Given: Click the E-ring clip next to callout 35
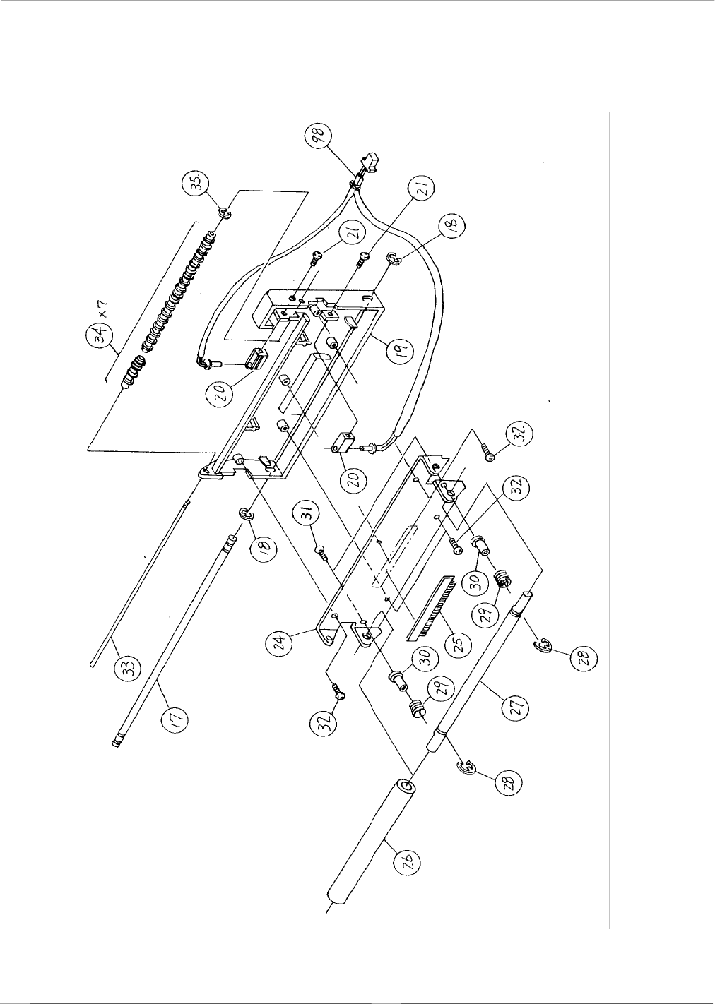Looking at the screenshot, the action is coord(224,213).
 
